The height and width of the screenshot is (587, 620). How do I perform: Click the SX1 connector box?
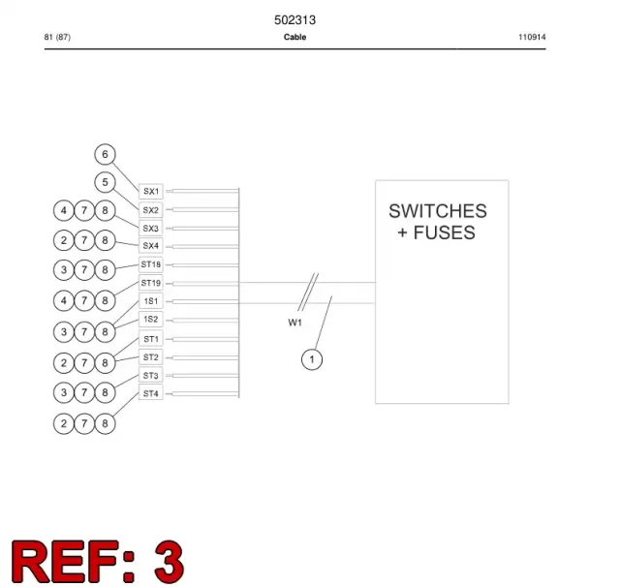[x=151, y=192]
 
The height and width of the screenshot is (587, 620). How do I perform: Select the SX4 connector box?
[x=151, y=245]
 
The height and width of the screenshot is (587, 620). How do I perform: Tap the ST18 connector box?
[x=151, y=264]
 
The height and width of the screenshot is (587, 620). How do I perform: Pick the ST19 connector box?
[x=151, y=283]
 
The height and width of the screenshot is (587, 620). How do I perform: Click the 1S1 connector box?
[x=151, y=301]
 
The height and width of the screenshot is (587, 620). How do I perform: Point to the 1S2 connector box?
[x=151, y=320]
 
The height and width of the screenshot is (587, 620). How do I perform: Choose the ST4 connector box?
[x=151, y=393]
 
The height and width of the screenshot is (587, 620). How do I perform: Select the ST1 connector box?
[x=151, y=339]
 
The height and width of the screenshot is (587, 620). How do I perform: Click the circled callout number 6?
[x=105, y=154]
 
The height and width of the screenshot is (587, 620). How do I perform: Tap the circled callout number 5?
[x=105, y=182]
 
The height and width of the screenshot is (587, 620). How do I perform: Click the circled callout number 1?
[x=312, y=359]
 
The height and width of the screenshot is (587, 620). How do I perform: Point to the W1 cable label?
[x=294, y=323]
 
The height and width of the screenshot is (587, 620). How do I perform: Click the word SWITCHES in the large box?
[x=438, y=211]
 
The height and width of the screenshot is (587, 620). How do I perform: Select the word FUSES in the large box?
[x=444, y=232]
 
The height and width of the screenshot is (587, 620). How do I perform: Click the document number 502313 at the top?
[x=294, y=20]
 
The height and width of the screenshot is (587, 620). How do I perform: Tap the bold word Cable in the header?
[x=294, y=37]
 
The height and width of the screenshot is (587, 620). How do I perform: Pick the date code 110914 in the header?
[x=532, y=37]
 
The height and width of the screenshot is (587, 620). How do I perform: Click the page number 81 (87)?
[x=57, y=37]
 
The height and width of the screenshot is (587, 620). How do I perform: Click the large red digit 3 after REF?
[x=170, y=561]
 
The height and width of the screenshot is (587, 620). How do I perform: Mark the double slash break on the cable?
[x=308, y=293]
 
